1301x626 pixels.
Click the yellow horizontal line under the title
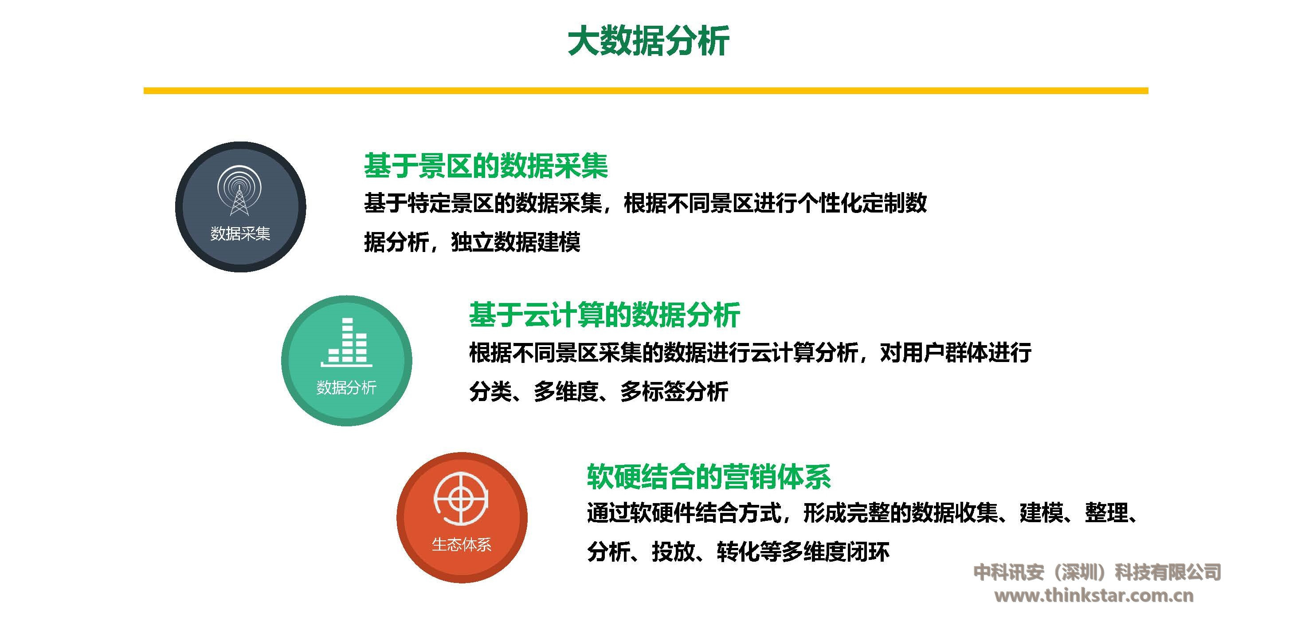pos(646,91)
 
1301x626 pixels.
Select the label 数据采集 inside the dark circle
pos(240,233)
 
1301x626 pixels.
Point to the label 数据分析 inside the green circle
pos(346,387)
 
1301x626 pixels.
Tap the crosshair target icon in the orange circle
pos(461,499)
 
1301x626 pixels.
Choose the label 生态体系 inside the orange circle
pos(462,544)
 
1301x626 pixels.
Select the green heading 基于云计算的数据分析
pos(604,314)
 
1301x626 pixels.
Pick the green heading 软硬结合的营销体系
pos(709,476)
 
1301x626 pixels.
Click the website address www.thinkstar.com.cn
pos(1094,595)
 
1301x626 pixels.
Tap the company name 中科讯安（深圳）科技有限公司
pos(1097,572)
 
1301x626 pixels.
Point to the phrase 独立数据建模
pos(516,242)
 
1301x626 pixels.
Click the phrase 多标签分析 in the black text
pos(674,392)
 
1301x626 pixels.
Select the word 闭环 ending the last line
pos(868,552)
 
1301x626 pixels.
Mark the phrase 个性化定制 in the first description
pos(851,203)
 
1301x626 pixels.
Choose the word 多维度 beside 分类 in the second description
pos(566,392)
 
